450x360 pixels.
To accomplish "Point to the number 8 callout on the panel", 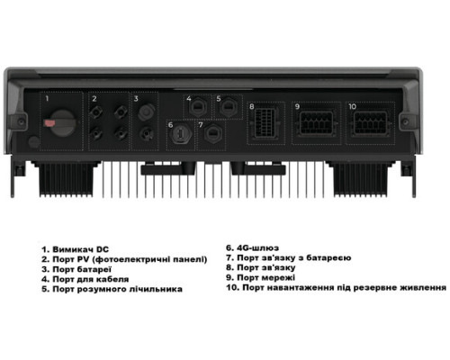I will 253,106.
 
